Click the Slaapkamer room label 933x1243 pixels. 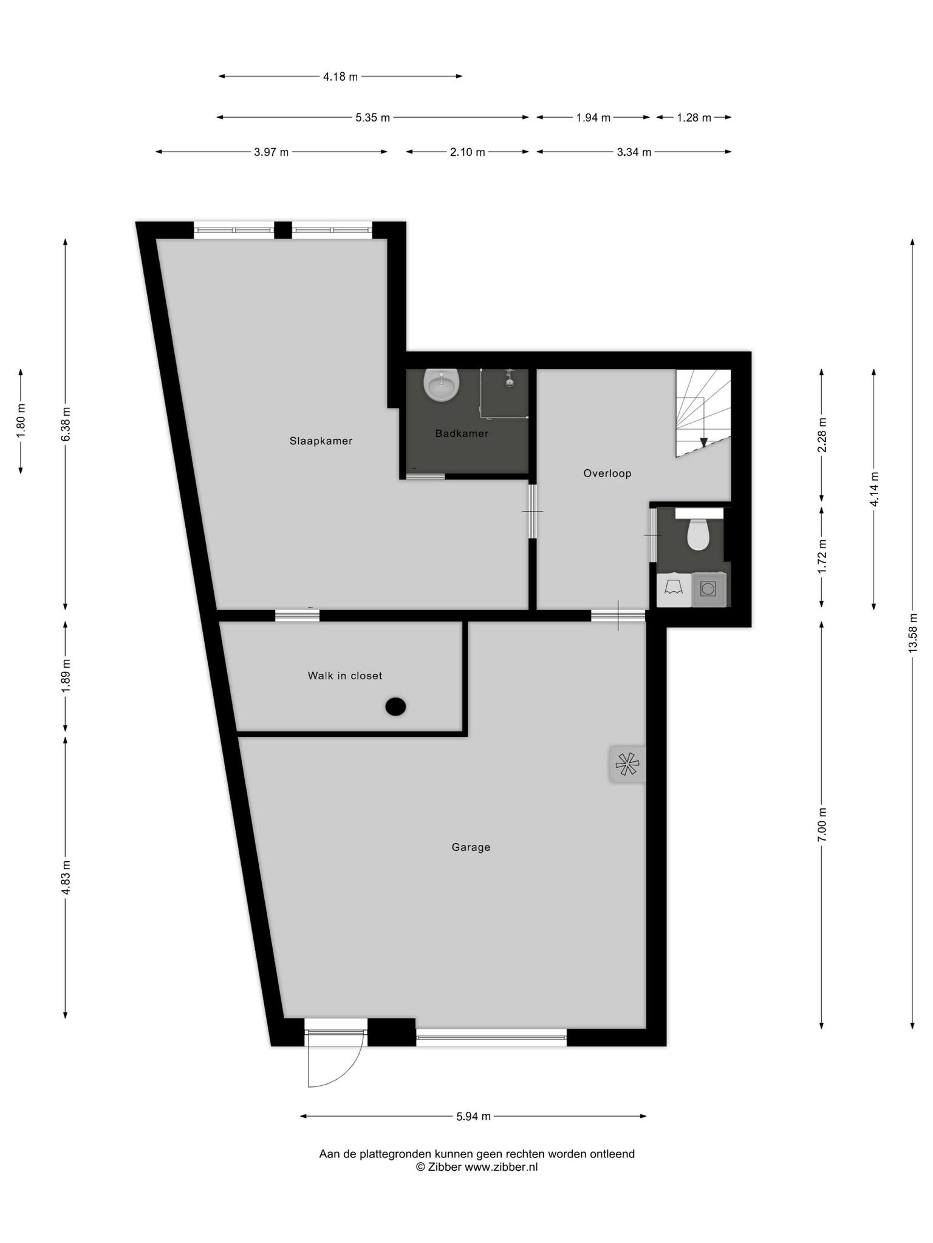click(x=321, y=441)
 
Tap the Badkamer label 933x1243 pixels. click(x=462, y=433)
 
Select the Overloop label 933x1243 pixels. click(x=607, y=473)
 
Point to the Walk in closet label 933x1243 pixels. click(x=345, y=676)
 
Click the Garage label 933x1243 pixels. click(x=471, y=847)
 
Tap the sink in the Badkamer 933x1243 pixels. click(x=441, y=385)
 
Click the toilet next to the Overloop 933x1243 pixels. click(x=699, y=530)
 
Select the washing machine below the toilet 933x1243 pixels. click(x=708, y=589)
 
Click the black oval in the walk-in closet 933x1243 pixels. click(x=395, y=706)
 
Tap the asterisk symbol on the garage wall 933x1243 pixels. click(x=627, y=764)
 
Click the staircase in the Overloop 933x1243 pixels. click(x=703, y=413)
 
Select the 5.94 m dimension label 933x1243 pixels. click(x=473, y=1116)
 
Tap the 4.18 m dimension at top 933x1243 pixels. click(x=340, y=76)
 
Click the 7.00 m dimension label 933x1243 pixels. click(x=822, y=824)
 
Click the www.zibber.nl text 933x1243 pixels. click(x=501, y=1167)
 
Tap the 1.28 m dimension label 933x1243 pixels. click(x=694, y=118)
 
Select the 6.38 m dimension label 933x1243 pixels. click(x=66, y=424)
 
